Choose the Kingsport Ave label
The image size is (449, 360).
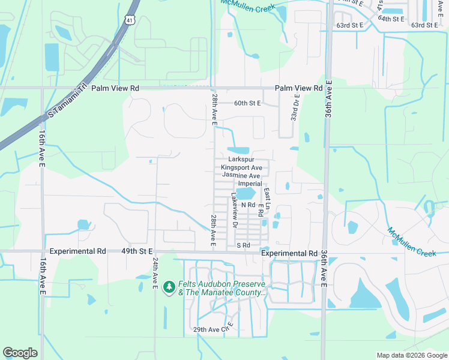[x=241, y=167]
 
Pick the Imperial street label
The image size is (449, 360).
[x=250, y=184]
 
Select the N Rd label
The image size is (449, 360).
[x=248, y=205]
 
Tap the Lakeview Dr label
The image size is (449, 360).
[x=235, y=211]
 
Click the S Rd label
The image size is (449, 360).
[x=243, y=245]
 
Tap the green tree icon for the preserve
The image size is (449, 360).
[x=170, y=287]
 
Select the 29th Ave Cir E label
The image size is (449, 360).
[x=213, y=329]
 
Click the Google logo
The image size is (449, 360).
[x=20, y=353]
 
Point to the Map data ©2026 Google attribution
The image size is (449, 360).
[x=411, y=355]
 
